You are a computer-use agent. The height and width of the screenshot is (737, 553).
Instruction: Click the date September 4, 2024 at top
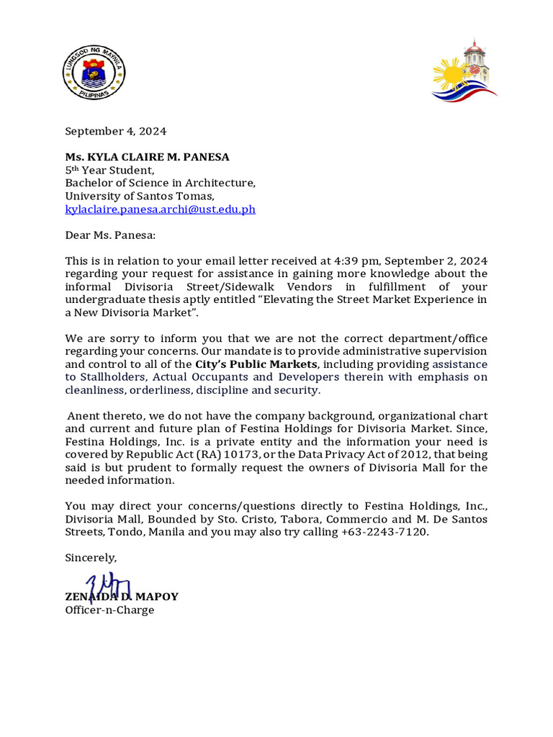tap(116, 131)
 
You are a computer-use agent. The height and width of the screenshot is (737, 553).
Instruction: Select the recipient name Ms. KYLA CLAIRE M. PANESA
tap(148, 157)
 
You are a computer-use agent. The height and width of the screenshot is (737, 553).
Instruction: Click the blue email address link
tap(160, 209)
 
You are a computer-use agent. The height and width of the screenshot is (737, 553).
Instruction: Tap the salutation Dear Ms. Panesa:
tap(110, 235)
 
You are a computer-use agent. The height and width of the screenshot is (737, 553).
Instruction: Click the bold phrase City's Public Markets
tap(256, 364)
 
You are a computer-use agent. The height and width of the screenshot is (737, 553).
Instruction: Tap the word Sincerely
tap(91, 558)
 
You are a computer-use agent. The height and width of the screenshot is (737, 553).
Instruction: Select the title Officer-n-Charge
tap(109, 610)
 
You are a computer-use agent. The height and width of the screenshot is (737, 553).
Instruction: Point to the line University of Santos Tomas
tap(140, 196)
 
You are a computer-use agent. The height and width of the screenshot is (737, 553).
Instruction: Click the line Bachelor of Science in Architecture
tap(160, 183)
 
